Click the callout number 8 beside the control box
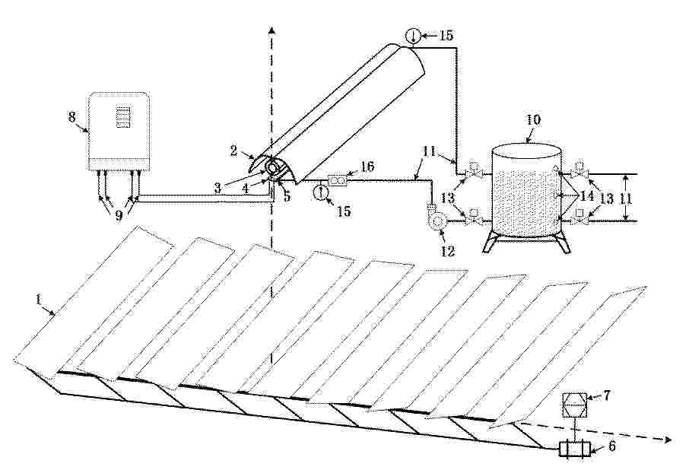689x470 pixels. (x=72, y=117)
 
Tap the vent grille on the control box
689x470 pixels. (x=123, y=116)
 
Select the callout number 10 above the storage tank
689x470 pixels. (x=534, y=120)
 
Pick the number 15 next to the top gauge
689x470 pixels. (x=446, y=35)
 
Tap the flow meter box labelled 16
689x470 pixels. (x=338, y=180)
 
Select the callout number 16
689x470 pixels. (x=367, y=166)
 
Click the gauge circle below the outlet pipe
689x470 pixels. (x=321, y=192)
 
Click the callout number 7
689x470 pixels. (x=606, y=395)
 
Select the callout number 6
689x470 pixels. (x=611, y=446)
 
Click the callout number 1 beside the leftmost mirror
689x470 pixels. (x=39, y=300)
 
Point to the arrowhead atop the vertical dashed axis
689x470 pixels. (x=272, y=30)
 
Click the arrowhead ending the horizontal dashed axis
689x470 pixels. (x=668, y=440)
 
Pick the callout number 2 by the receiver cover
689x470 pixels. (x=233, y=151)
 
